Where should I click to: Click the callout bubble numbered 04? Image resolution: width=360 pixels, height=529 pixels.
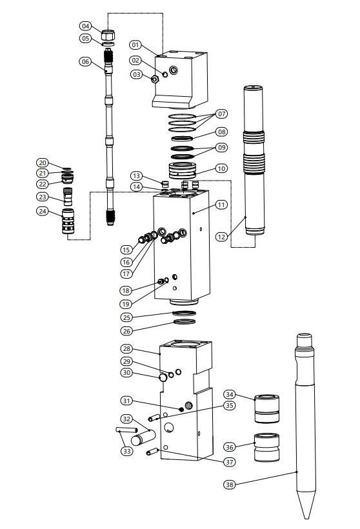(x=86, y=26)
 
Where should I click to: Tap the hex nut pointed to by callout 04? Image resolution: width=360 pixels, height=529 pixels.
(x=108, y=34)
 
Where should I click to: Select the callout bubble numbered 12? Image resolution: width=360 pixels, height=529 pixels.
(x=221, y=237)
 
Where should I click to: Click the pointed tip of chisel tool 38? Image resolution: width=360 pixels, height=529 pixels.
(x=306, y=519)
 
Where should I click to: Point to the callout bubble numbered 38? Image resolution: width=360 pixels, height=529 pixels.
(x=230, y=484)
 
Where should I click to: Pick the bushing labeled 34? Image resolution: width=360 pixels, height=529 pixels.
(x=266, y=408)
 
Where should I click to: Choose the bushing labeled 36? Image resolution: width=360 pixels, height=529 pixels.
(x=266, y=447)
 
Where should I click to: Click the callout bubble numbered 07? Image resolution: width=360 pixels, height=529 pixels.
(x=222, y=114)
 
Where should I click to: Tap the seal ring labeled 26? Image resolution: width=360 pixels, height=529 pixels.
(x=185, y=321)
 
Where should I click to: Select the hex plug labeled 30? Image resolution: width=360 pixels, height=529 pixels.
(x=163, y=377)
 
